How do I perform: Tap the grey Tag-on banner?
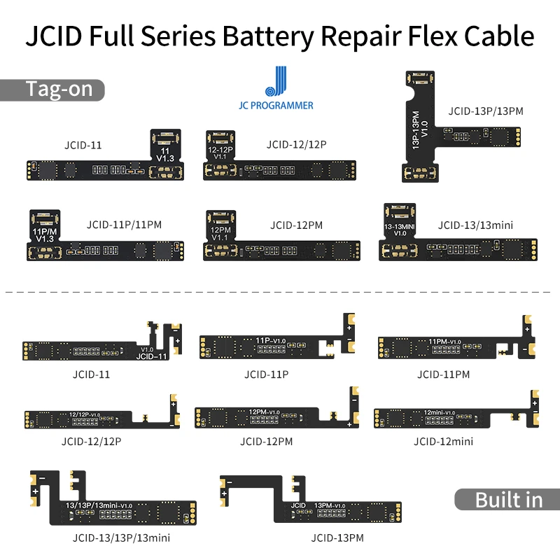click(52, 90)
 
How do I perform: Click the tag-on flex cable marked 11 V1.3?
click(105, 169)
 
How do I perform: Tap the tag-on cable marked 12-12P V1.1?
click(280, 170)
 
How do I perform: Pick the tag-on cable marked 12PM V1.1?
click(280, 249)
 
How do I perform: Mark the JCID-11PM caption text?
click(443, 374)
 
